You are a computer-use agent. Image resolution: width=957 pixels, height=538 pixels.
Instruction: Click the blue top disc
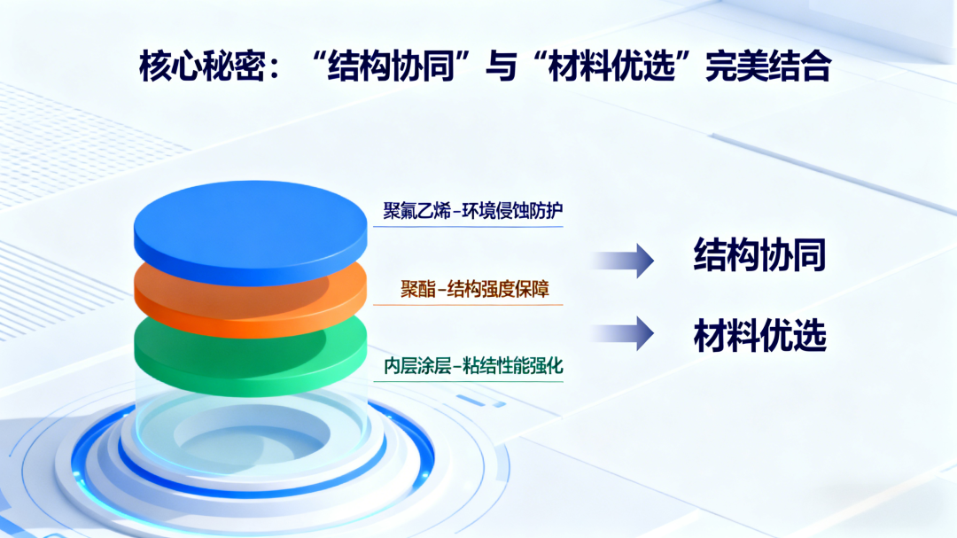tap(250, 232)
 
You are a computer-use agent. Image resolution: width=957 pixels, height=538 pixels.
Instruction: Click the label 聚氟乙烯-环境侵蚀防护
tap(473, 211)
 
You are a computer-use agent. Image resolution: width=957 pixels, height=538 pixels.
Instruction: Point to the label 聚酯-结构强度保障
tap(475, 289)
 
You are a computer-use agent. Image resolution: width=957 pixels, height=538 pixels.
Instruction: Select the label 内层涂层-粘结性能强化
tap(473, 366)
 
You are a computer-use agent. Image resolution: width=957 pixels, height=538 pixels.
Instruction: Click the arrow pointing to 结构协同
tap(623, 261)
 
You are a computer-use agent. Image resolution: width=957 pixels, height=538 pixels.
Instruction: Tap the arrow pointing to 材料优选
tap(623, 333)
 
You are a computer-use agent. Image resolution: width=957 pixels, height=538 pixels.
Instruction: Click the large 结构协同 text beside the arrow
tap(760, 254)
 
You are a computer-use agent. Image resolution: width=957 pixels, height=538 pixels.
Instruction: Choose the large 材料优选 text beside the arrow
tap(760, 335)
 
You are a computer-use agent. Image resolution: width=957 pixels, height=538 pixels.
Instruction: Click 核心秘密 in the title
tap(202, 66)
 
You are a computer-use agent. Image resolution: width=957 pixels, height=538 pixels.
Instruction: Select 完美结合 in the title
tap(767, 66)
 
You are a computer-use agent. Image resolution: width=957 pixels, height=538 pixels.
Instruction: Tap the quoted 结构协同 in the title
tap(391, 66)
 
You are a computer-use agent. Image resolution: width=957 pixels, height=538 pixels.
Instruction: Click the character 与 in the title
tap(501, 66)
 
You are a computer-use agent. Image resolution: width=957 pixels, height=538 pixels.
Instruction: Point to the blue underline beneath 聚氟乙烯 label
tap(468, 227)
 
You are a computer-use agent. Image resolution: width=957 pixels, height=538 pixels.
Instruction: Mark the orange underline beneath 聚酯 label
tap(468, 304)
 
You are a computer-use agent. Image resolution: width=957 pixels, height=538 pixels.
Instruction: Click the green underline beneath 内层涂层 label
tap(468, 382)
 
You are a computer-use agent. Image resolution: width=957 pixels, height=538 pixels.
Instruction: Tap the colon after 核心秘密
tap(274, 68)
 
